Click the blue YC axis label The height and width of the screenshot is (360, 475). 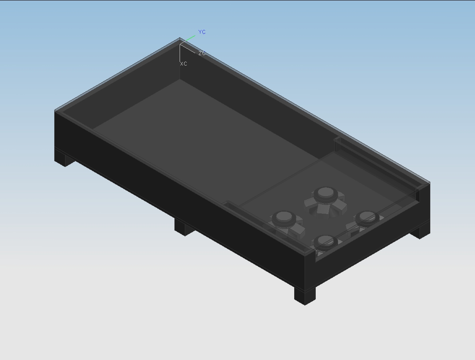pos(202,32)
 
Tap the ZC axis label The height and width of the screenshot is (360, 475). pos(202,54)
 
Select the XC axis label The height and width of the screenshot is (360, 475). pos(184,64)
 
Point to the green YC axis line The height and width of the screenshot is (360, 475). pos(188,40)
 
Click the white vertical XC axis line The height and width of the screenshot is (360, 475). pos(180,53)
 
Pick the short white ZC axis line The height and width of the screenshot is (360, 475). pos(188,48)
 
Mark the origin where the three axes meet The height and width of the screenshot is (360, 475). pos(180,44)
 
